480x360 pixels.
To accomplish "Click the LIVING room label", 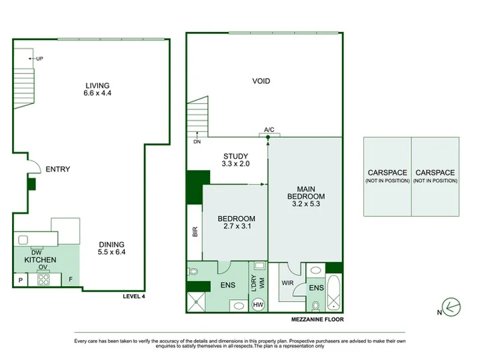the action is (x=97, y=86).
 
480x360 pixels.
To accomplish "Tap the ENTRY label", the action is (x=58, y=169).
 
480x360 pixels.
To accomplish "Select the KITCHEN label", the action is (x=40, y=260).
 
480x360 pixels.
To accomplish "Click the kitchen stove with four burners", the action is (x=43, y=279).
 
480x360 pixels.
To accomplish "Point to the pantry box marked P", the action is (x=21, y=280).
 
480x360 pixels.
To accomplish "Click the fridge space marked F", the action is (x=71, y=279).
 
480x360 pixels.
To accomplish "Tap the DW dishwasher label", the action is (x=37, y=253).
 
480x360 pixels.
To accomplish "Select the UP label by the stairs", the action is (x=39, y=59).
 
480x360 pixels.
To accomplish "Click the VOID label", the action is (x=261, y=81).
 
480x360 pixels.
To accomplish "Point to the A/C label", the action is (x=269, y=130).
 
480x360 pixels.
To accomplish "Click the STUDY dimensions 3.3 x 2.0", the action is (x=235, y=164).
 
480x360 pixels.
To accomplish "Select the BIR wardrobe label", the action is (x=195, y=231).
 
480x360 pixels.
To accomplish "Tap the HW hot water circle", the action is (x=258, y=305).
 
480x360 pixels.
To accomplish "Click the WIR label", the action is (x=287, y=283).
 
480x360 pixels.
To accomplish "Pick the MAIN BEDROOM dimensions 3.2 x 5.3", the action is (x=306, y=204).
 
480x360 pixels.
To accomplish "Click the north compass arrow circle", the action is (x=451, y=307).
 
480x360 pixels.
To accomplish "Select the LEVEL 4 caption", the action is (x=134, y=296).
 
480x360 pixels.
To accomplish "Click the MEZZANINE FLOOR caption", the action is (x=317, y=319).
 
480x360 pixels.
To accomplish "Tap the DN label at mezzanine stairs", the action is (x=197, y=142).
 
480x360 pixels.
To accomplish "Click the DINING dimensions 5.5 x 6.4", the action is (x=111, y=252).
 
